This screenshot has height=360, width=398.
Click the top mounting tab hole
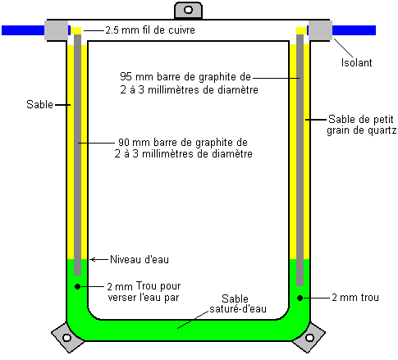click(x=188, y=10)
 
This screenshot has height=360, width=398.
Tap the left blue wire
click(x=23, y=30)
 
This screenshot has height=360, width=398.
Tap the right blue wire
click(x=354, y=30)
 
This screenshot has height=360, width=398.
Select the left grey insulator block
click(x=56, y=30)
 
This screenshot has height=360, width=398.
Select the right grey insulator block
click(x=321, y=30)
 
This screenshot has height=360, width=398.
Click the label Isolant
click(x=356, y=62)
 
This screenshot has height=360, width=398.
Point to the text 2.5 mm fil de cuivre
click(x=150, y=30)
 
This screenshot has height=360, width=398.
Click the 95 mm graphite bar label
click(x=189, y=83)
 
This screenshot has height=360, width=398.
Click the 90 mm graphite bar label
click(x=183, y=148)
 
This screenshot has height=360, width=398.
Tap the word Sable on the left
click(x=39, y=104)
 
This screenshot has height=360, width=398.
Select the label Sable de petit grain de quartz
click(x=361, y=125)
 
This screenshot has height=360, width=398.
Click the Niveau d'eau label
click(x=140, y=259)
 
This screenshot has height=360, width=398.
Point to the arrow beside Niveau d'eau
click(x=98, y=259)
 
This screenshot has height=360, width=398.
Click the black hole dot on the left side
click(x=78, y=286)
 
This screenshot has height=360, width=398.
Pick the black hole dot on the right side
click(x=300, y=298)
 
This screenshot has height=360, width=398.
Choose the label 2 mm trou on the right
click(x=355, y=298)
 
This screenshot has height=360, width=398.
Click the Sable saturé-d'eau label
click(x=238, y=303)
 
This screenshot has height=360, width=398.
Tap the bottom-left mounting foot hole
click(x=66, y=338)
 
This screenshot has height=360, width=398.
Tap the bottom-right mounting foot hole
click(x=309, y=338)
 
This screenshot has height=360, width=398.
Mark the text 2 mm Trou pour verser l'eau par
click(x=144, y=292)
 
